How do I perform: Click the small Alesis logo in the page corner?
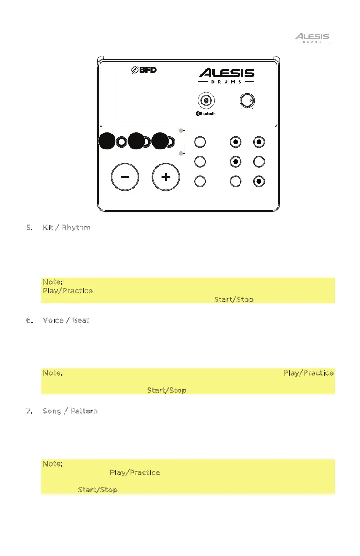[x=312, y=37]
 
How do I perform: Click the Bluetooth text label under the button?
[x=205, y=114]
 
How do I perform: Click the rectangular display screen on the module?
[x=146, y=98]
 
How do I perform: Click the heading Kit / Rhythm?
[x=66, y=227]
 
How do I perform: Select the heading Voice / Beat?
[x=66, y=320]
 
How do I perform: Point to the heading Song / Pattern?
[x=70, y=411]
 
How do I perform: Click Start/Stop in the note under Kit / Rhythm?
[x=234, y=300]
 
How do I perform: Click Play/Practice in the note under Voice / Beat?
[x=309, y=373]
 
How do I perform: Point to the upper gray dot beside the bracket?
[x=181, y=131]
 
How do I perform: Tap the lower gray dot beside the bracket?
[x=181, y=154]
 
